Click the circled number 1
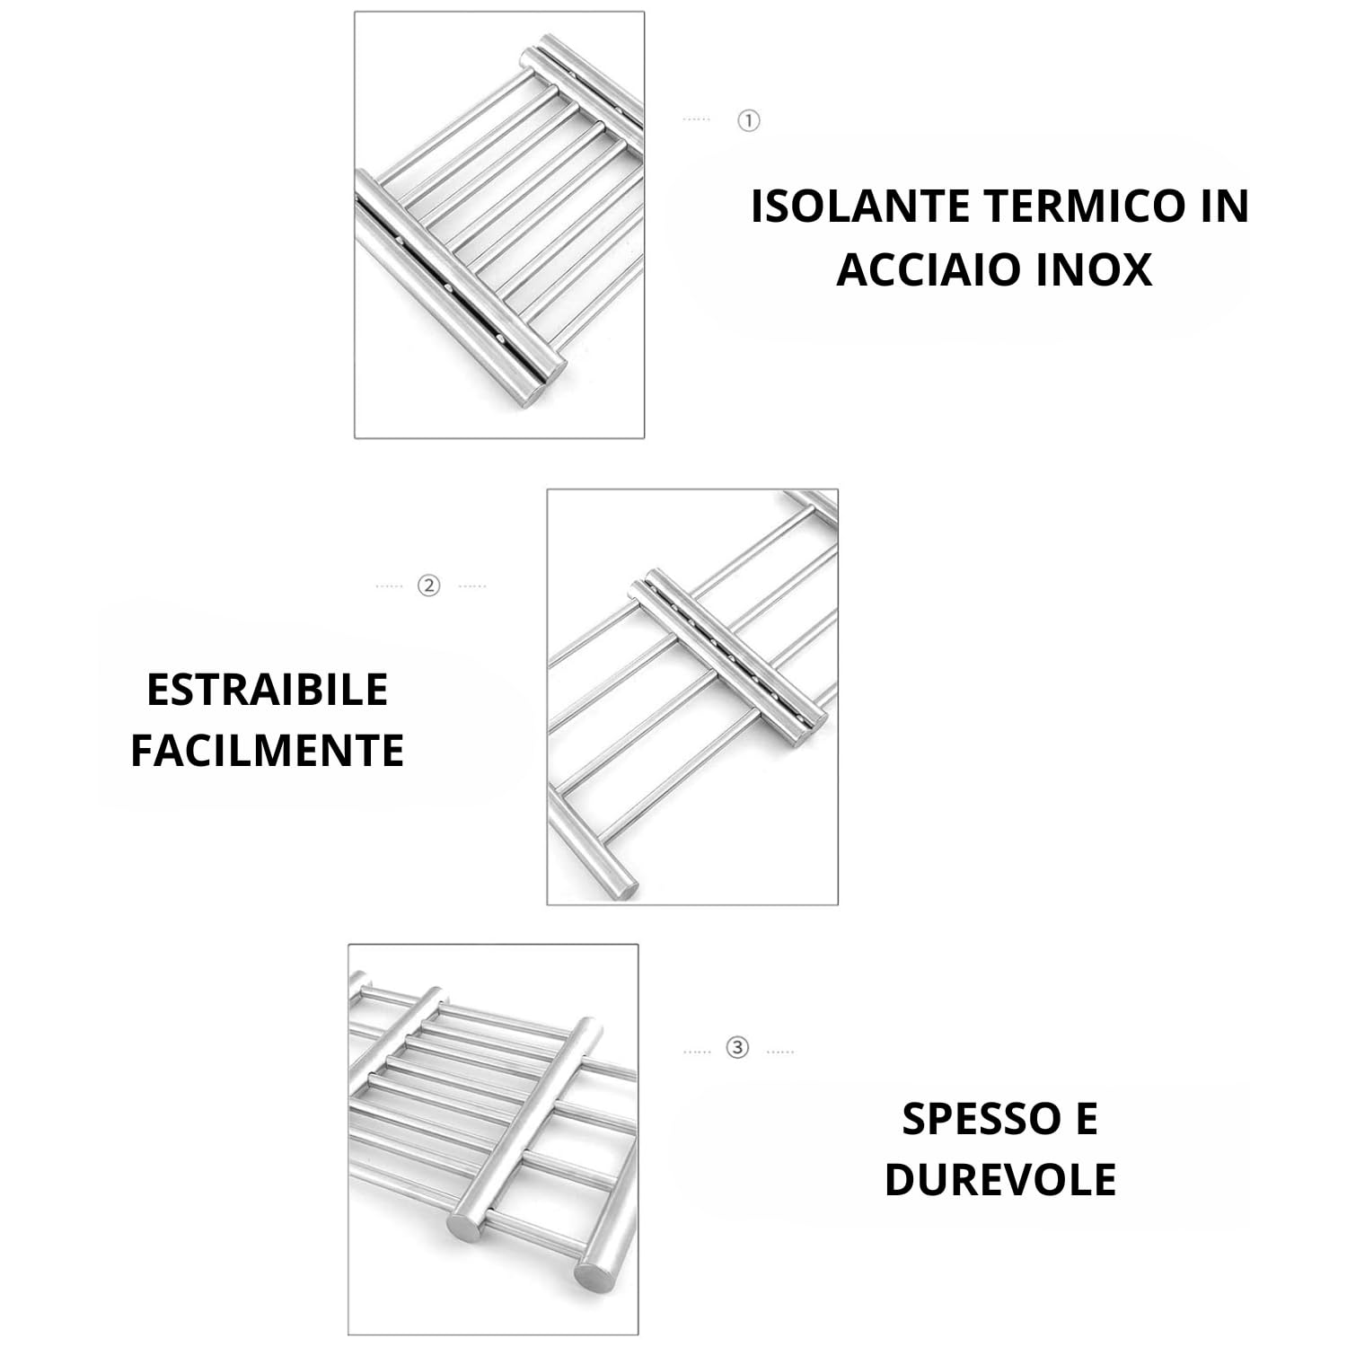pyautogui.click(x=748, y=119)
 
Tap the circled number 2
pyautogui.click(x=429, y=586)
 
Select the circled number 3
pyautogui.click(x=737, y=1048)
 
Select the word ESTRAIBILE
pyautogui.click(x=267, y=690)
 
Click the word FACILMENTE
pyautogui.click(x=267, y=750)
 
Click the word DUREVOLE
pyautogui.click(x=1000, y=1179)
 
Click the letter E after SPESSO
pyautogui.click(x=1086, y=1119)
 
